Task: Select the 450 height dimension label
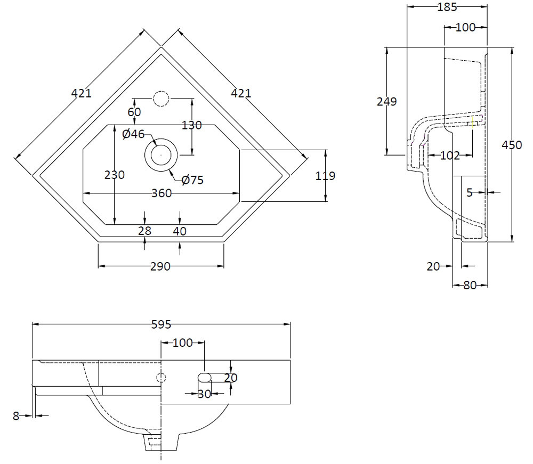point(512,144)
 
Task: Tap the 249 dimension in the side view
point(386,101)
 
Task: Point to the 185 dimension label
point(447,7)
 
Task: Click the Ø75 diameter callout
point(192,180)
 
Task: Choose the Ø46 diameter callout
point(133,134)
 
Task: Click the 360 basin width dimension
point(161,193)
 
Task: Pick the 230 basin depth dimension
point(115,174)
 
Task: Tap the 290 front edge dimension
point(160,266)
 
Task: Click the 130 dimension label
point(192,125)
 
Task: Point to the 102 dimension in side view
point(450,156)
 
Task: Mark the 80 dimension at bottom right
point(470,285)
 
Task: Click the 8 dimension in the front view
point(16,416)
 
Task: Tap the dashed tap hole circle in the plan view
point(160,99)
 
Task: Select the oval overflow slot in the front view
point(205,378)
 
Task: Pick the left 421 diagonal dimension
point(82,93)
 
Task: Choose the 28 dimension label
point(145,231)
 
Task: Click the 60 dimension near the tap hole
point(134,112)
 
